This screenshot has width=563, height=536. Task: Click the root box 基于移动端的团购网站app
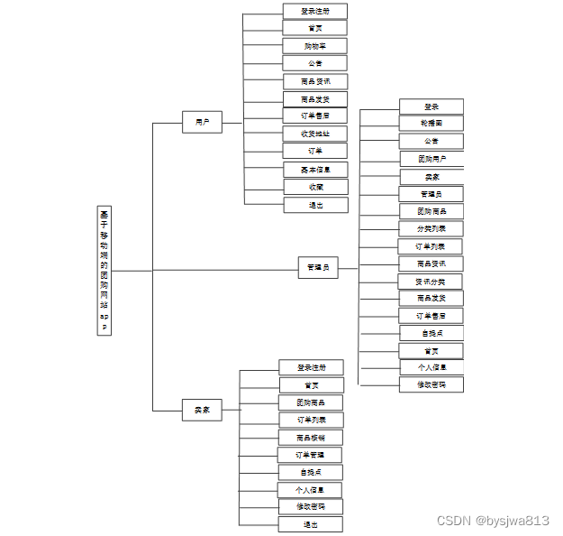(104, 270)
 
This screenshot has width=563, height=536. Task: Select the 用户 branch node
(202, 121)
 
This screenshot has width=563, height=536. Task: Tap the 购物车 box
(314, 46)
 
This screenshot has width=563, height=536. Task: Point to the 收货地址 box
(314, 134)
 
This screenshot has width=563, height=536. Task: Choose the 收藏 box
(315, 187)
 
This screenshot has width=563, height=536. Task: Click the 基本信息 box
(314, 169)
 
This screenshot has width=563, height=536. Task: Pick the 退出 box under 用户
(315, 205)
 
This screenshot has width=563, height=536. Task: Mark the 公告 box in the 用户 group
(314, 63)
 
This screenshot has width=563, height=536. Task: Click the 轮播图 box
(431, 123)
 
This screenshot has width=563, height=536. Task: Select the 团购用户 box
(431, 159)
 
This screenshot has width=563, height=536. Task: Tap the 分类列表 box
(431, 228)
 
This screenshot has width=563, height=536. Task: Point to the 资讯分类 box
(431, 282)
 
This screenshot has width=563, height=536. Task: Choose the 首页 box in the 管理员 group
(431, 351)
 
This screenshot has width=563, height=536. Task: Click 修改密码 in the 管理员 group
(431, 384)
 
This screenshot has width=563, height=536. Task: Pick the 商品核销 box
(310, 438)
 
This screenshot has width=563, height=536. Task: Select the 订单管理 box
(310, 455)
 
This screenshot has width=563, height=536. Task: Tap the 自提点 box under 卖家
(310, 472)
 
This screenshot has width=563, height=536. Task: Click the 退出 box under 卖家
(310, 524)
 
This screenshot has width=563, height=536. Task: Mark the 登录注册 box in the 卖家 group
(310, 367)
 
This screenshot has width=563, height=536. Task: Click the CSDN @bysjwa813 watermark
(493, 521)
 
